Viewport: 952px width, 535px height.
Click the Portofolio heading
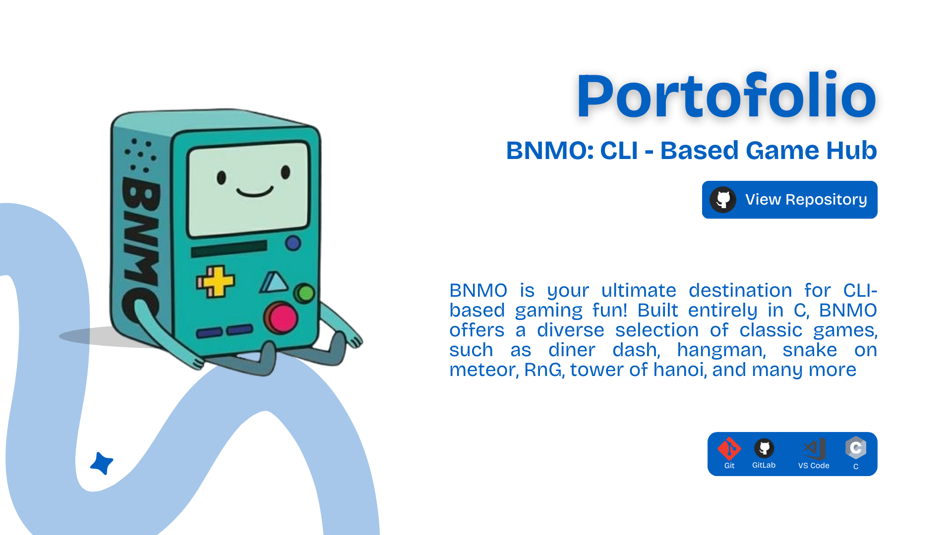point(726,96)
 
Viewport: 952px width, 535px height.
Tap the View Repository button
point(789,200)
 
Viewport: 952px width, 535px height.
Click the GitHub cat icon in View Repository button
point(723,200)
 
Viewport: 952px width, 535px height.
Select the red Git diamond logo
point(729,449)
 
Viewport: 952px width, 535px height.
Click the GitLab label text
point(764,465)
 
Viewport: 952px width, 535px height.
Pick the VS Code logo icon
point(814,449)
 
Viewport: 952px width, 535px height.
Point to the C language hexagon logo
point(856,448)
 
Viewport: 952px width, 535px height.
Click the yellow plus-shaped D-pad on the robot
point(215,282)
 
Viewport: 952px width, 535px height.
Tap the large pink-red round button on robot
point(281,318)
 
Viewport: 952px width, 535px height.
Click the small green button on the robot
point(304,293)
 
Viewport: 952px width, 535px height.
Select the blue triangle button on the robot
point(274,282)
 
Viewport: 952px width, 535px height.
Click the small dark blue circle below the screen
point(293,243)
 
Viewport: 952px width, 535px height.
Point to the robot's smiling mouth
point(255,192)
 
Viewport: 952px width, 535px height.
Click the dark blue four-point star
point(102,464)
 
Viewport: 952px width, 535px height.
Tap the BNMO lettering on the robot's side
point(140,248)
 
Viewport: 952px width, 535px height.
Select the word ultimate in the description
point(639,290)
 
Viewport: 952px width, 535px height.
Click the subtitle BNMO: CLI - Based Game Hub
point(691,150)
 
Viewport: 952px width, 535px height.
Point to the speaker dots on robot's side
point(140,155)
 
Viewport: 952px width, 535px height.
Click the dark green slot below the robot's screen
point(229,249)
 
